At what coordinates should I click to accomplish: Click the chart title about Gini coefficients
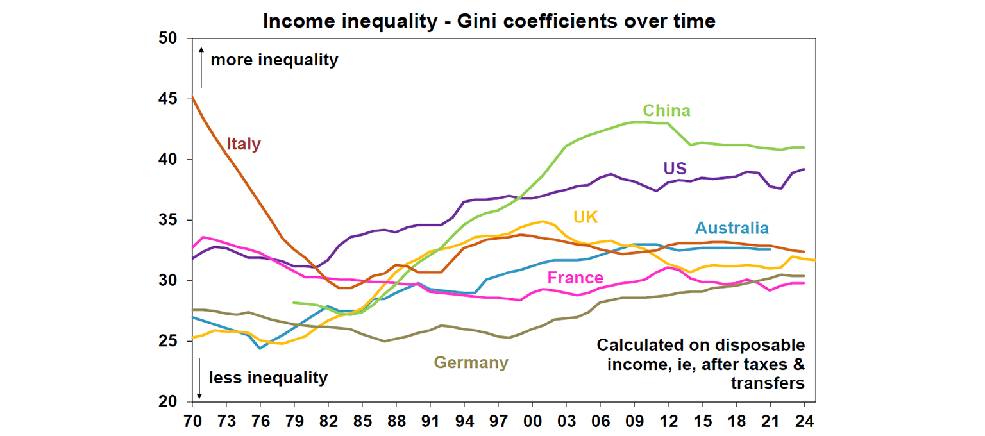click(489, 21)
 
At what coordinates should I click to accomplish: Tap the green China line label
click(667, 111)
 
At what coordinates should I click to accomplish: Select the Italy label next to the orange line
click(244, 144)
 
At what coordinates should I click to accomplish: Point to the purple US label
click(675, 169)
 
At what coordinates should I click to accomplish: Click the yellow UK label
click(585, 217)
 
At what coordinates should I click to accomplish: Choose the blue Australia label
click(732, 228)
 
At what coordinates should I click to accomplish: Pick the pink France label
click(575, 278)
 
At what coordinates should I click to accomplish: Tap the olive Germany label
click(471, 363)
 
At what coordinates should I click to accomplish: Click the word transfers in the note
click(767, 383)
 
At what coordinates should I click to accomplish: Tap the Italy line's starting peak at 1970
click(192, 97)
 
